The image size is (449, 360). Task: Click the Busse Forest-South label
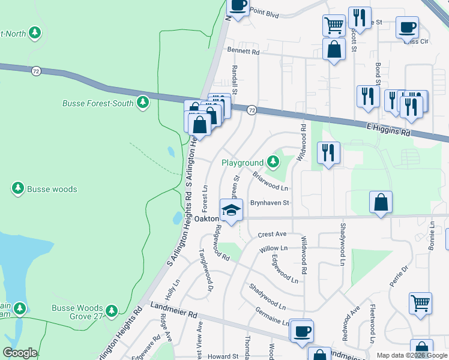98,103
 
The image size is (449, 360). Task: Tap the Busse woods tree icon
18,189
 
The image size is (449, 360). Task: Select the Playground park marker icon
273,161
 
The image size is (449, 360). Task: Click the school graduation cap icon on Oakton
231,210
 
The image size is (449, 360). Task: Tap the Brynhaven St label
270,203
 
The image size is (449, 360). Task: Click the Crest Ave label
272,234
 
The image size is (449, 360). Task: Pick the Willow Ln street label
274,248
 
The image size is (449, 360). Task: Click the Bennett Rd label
243,52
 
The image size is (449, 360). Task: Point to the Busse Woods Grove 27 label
77,312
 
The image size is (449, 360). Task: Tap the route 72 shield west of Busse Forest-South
37,71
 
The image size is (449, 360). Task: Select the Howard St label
223,356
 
